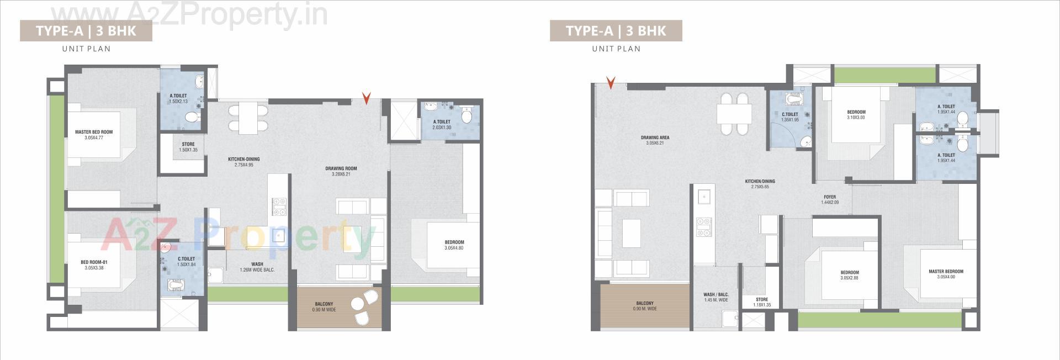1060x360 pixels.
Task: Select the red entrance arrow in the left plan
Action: click(366, 98)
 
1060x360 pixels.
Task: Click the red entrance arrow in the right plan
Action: click(611, 83)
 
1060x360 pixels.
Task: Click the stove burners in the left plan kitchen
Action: click(279, 207)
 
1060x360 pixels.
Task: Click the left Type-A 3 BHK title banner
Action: click(86, 31)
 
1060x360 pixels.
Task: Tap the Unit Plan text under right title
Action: click(616, 49)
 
